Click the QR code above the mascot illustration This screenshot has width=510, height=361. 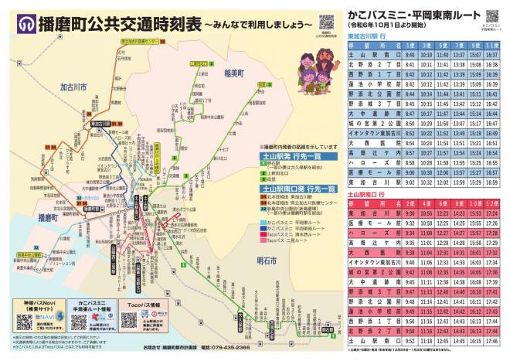(x=325, y=21)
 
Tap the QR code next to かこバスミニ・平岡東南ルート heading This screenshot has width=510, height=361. (x=492, y=18)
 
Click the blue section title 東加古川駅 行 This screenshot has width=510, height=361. (x=366, y=36)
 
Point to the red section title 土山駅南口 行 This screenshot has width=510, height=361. (x=367, y=195)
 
